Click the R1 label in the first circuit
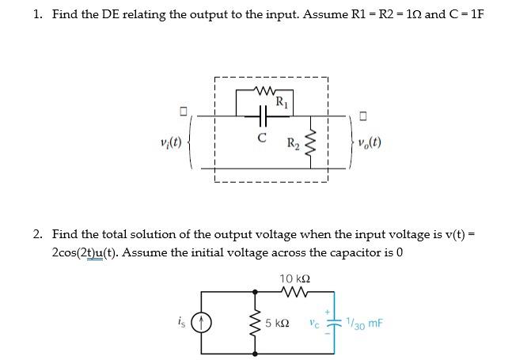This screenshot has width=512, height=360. point(281,100)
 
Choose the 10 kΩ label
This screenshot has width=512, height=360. point(294,278)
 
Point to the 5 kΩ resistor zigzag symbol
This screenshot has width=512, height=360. point(256,324)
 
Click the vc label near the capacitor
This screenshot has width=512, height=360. point(315,323)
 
